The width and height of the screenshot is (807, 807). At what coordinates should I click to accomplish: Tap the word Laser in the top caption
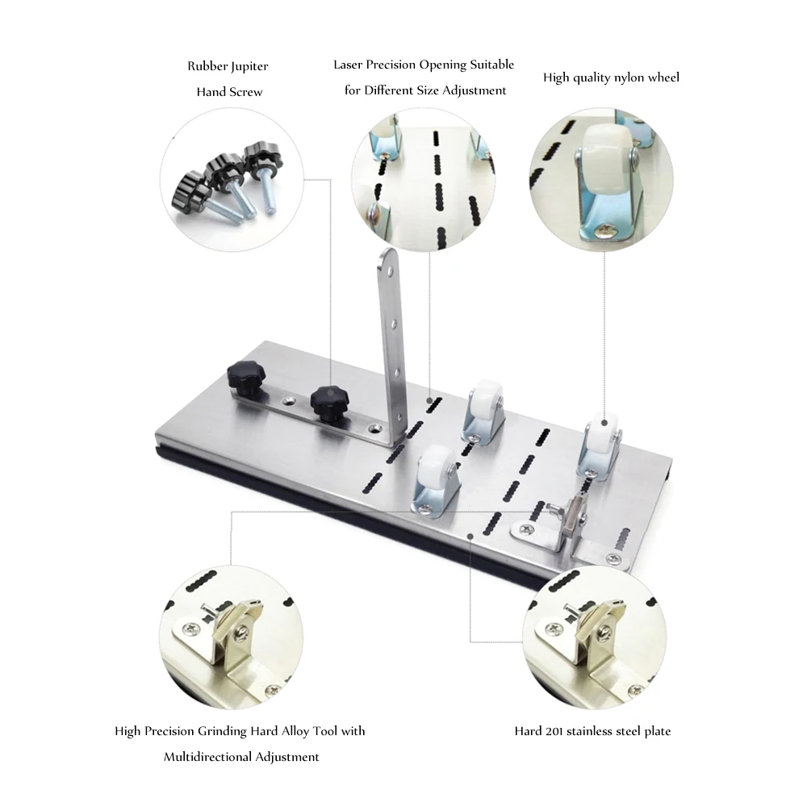coord(349,65)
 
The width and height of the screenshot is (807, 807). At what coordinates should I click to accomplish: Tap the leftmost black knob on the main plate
coord(246,377)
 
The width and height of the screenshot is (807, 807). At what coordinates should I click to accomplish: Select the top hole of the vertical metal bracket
coord(391,270)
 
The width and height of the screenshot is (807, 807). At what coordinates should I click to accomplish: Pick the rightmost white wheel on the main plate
coord(601,437)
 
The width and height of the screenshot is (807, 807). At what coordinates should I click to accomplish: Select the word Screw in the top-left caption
coord(244,92)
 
